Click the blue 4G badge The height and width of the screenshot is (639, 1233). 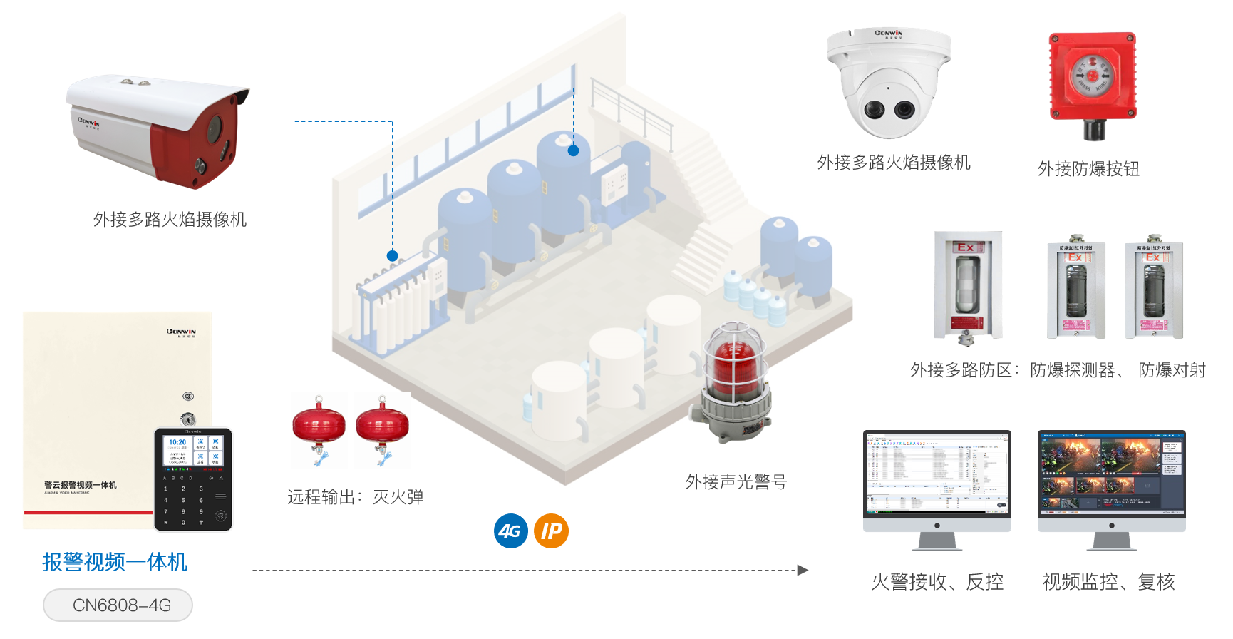pyautogui.click(x=510, y=531)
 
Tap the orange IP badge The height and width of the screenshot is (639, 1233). pyautogui.click(x=551, y=531)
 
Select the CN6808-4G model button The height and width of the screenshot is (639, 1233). pyautogui.click(x=118, y=605)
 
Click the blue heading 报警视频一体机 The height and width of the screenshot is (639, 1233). pyautogui.click(x=115, y=562)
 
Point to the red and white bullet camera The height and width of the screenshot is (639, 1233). pyautogui.click(x=158, y=130)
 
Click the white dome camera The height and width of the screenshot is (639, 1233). pyautogui.click(x=888, y=84)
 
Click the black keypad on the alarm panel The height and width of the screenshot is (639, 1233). pyautogui.click(x=193, y=479)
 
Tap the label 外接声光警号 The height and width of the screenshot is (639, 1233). pyautogui.click(x=736, y=483)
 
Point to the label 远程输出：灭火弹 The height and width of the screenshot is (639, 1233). pyautogui.click(x=356, y=497)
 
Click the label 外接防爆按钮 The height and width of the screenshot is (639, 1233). pyautogui.click(x=1088, y=169)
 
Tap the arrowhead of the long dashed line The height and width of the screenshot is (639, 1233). pyautogui.click(x=803, y=571)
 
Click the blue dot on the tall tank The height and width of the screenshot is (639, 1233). pyautogui.click(x=573, y=150)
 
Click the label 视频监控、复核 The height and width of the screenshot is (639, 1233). pyautogui.click(x=1108, y=582)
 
